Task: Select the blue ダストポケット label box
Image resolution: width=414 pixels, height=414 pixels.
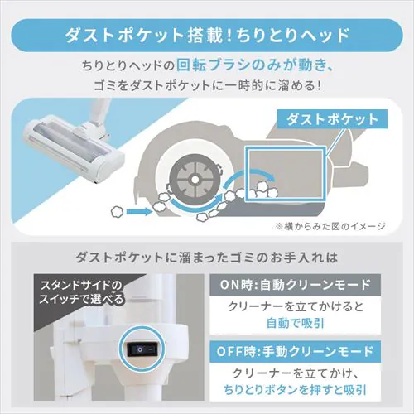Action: click(x=330, y=118)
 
